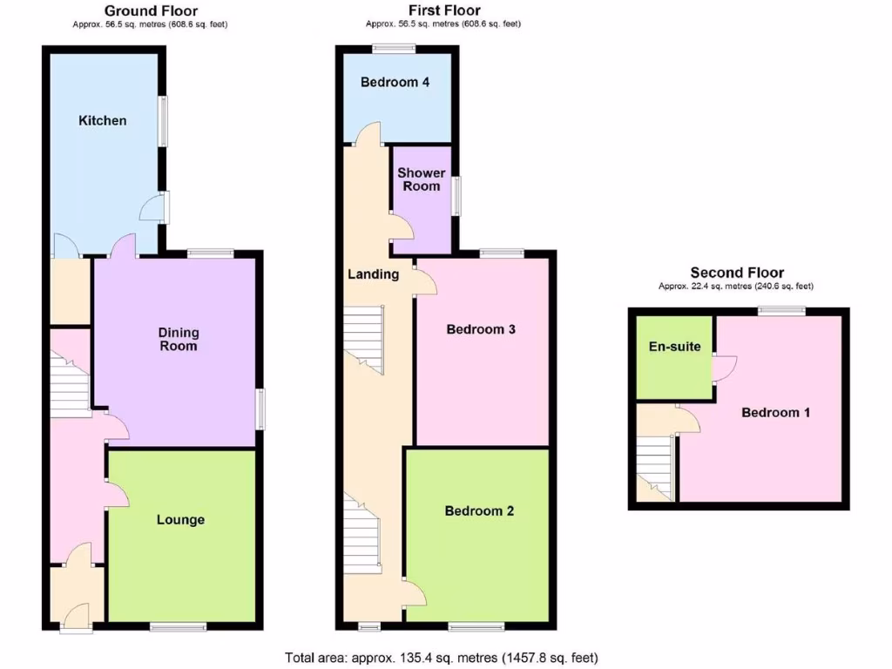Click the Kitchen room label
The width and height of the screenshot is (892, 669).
pyautogui.click(x=103, y=120)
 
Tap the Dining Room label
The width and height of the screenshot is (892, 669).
pyautogui.click(x=179, y=339)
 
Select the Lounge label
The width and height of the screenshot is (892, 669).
pyautogui.click(x=180, y=520)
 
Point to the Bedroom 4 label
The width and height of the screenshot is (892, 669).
pyautogui.click(x=395, y=83)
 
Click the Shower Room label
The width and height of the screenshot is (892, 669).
pyautogui.click(x=422, y=179)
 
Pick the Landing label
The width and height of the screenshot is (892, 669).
pyautogui.click(x=373, y=274)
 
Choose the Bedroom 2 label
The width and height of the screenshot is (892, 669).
pyautogui.click(x=479, y=510)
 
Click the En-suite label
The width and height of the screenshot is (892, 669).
pyautogui.click(x=674, y=347)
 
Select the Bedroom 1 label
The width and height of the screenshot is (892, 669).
pyautogui.click(x=775, y=412)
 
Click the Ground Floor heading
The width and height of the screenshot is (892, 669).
pyautogui.click(x=151, y=10)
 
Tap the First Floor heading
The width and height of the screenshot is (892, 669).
pyautogui.click(x=444, y=10)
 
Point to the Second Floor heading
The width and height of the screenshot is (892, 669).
pyautogui.click(x=737, y=273)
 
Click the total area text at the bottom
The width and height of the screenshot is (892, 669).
pyautogui.click(x=442, y=658)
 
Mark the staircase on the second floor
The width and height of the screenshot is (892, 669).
pyautogui.click(x=655, y=466)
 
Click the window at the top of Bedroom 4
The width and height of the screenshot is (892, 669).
pyautogui.click(x=395, y=48)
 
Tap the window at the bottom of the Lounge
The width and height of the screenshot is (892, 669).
pyautogui.click(x=178, y=626)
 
